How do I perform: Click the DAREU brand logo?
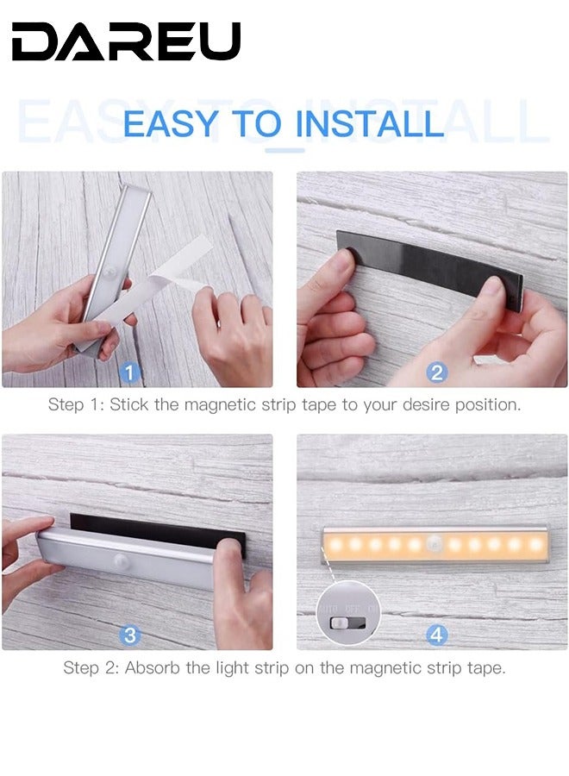point(126,41)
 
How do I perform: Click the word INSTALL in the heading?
point(369,124)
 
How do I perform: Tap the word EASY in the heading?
point(171,124)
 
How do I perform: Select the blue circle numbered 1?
point(129,372)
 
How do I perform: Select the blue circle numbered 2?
point(436,372)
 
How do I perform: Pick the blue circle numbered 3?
point(129,635)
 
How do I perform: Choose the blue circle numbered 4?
point(436,635)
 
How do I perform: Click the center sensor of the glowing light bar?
point(435,545)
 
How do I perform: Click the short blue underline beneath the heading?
point(284,150)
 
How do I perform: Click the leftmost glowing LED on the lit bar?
point(334,545)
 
